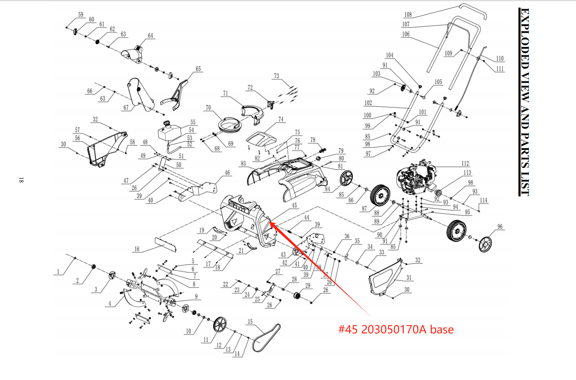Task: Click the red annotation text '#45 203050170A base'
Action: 396,330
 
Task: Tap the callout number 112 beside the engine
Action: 465,163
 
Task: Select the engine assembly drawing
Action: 416,178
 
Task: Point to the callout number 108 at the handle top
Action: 408,15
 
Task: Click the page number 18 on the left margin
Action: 21,181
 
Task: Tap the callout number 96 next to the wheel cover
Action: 500,227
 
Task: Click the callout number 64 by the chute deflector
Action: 150,36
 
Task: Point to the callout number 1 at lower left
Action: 58,272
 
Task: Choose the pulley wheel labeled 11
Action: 219,325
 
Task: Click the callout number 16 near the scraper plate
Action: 137,249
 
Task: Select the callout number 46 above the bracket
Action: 227,173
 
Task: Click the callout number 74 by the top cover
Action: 281,120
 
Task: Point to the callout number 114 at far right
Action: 484,200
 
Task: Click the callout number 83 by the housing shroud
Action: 243,163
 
